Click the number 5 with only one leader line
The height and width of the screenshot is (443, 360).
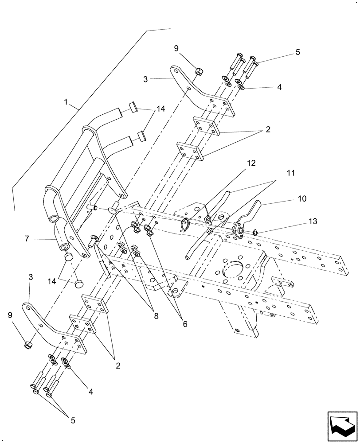[x=297, y=51]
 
